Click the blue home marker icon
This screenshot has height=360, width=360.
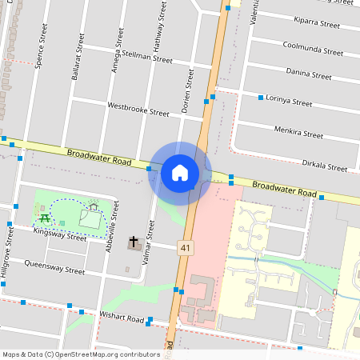pos(180,172)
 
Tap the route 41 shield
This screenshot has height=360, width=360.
pos(186,249)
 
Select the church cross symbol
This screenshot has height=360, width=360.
pos(134,242)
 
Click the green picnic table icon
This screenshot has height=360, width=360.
pos(44,215)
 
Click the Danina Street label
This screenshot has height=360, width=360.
pos(308,74)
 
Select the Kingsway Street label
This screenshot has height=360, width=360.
pos(59,236)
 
